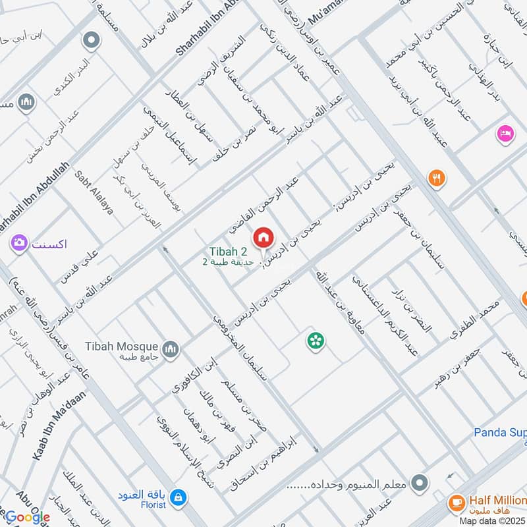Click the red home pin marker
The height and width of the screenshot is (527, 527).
pyautogui.click(x=263, y=237)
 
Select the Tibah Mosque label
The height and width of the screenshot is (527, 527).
pyautogui.click(x=121, y=346)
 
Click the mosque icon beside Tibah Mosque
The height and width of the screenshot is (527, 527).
pyautogui.click(x=171, y=349)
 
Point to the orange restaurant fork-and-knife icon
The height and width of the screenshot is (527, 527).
pyautogui.click(x=435, y=177)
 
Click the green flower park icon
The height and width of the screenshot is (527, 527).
pyautogui.click(x=315, y=341)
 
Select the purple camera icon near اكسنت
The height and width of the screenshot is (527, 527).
pyautogui.click(x=18, y=243)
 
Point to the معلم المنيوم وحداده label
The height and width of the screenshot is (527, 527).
pyautogui.click(x=349, y=485)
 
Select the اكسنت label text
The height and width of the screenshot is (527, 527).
pyautogui.click(x=49, y=243)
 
